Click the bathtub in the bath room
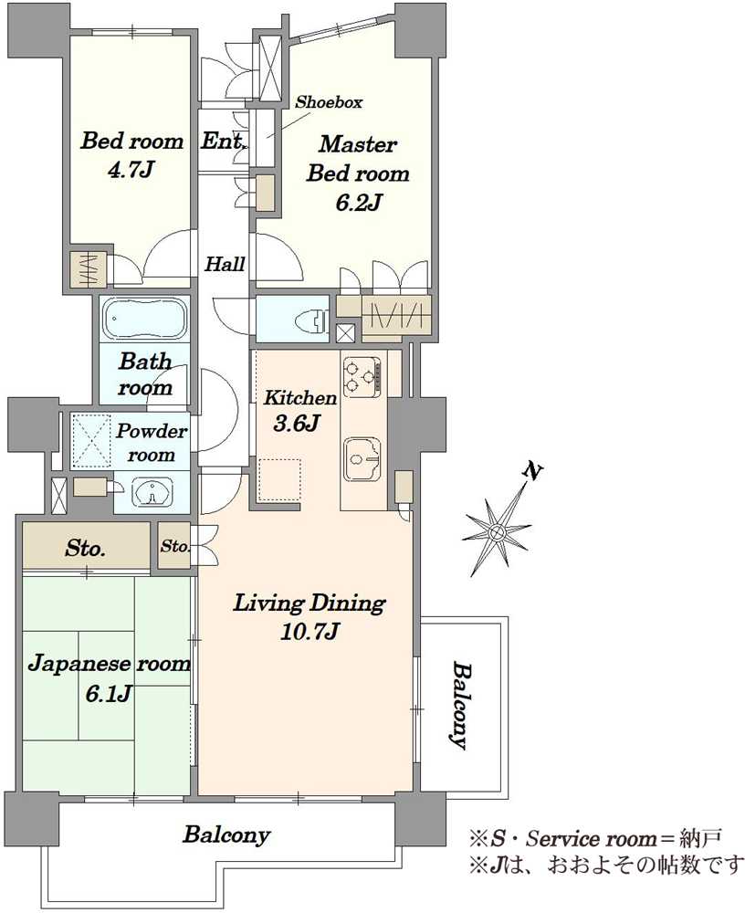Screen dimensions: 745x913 pos(144,319)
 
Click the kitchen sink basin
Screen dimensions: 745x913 pos(362,458)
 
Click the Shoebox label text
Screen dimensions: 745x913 pos(329,102)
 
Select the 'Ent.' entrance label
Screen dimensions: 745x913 pos(223,141)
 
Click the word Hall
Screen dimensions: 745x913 pos(225,264)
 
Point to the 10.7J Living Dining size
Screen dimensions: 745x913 pos(310,631)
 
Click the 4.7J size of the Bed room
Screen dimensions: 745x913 pos(131,170)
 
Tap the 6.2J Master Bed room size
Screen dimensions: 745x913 pos(358,202)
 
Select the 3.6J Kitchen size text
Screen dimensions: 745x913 pos(296,424)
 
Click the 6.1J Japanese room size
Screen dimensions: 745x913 pos(109,693)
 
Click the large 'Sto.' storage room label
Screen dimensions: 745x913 pos(85,548)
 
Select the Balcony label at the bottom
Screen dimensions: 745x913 pos(226,835)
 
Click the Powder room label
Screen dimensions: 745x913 pos(152,443)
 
